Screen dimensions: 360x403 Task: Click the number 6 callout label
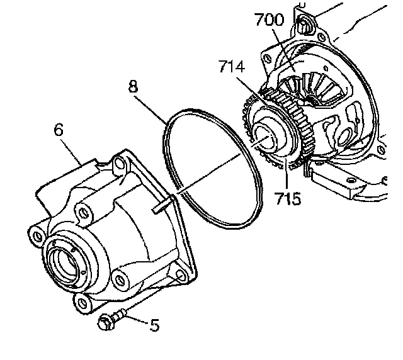click(x=59, y=130)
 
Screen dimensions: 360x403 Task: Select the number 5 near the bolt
click(x=153, y=325)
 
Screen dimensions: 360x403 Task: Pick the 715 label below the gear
click(x=288, y=200)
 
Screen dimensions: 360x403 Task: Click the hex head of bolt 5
click(x=105, y=323)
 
